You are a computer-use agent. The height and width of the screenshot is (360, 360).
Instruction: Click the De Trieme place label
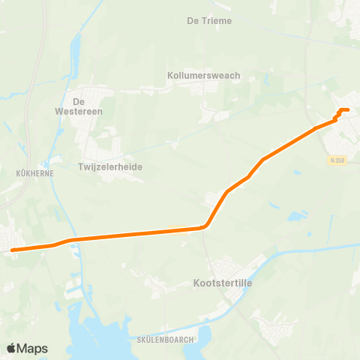click(209, 20)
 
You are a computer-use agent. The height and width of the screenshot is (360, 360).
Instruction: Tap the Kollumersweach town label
click(202, 76)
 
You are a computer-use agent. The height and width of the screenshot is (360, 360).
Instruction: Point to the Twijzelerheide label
click(110, 166)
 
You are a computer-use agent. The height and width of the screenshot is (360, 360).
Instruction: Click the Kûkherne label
click(31, 172)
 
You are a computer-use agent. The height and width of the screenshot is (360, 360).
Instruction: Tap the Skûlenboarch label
click(166, 339)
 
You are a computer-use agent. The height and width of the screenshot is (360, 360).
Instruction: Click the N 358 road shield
click(336, 160)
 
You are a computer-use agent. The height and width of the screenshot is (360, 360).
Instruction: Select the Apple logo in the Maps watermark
click(11, 348)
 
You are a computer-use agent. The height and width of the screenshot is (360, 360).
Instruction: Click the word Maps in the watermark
click(33, 348)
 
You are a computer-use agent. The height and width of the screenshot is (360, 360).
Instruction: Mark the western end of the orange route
click(12, 250)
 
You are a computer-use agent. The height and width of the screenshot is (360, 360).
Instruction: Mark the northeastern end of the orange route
click(347, 110)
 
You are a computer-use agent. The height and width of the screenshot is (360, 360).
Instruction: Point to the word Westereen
click(88, 112)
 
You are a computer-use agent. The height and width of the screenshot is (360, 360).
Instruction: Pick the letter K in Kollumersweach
click(170, 76)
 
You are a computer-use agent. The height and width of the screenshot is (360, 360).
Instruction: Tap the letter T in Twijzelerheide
click(80, 166)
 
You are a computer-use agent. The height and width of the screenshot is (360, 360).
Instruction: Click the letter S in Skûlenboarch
click(140, 339)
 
